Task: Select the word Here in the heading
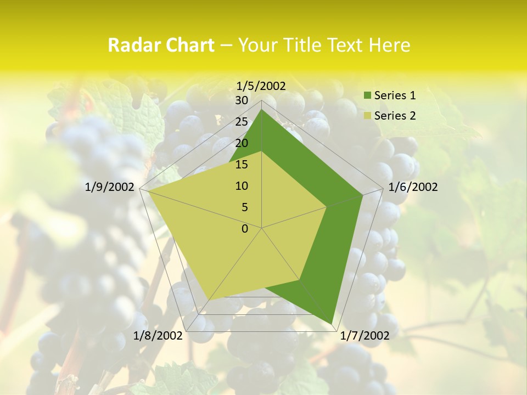(x=389, y=45)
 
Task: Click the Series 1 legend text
(x=395, y=95)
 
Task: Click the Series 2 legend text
(x=395, y=116)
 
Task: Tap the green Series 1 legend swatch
(x=368, y=96)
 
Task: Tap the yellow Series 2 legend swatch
(x=368, y=116)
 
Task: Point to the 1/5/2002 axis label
(x=261, y=86)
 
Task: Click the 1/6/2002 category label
(x=413, y=187)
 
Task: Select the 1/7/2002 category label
(x=365, y=336)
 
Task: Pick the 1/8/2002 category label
(x=158, y=336)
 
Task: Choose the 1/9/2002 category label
(x=110, y=187)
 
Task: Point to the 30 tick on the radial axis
(x=242, y=100)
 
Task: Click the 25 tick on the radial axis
(x=242, y=122)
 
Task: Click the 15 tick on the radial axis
(x=242, y=165)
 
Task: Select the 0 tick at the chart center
(x=245, y=229)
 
